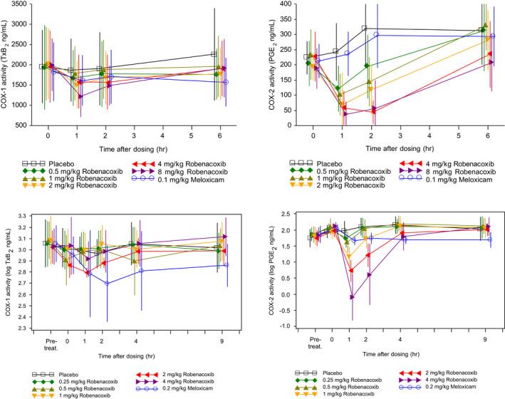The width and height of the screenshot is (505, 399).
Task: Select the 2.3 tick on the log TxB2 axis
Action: click(21, 328)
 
